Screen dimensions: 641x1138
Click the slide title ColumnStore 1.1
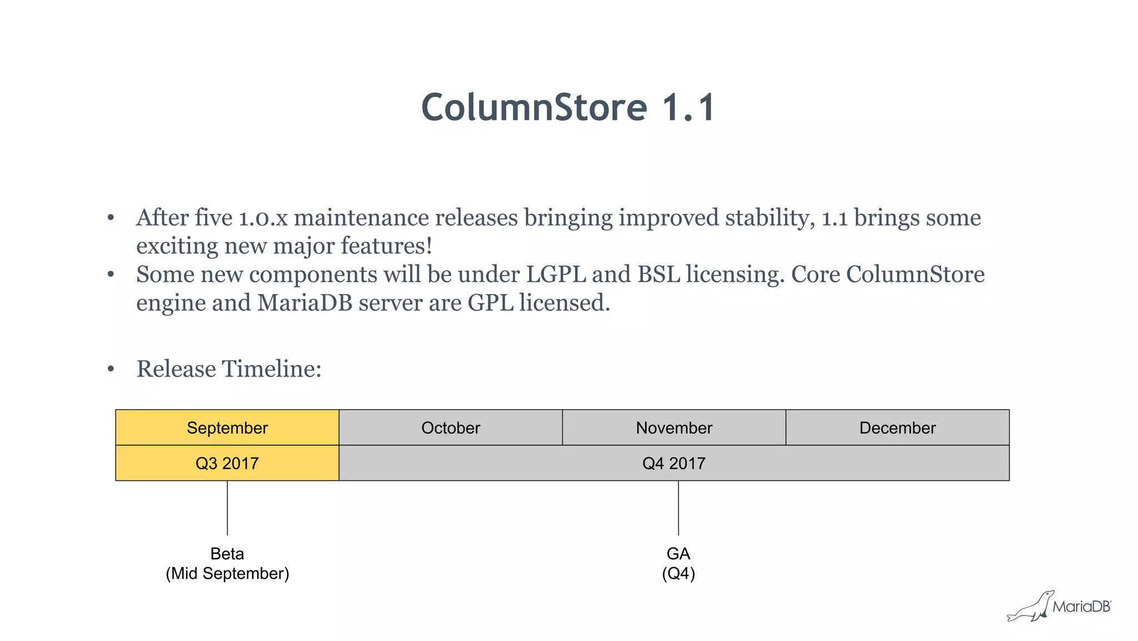(568, 107)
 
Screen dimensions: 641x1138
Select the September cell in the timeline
(227, 428)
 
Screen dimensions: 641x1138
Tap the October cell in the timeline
(451, 428)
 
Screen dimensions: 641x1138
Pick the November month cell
(674, 428)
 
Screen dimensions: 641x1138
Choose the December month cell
(897, 428)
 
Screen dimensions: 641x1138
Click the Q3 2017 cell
(227, 463)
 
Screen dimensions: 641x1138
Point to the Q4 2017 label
(673, 463)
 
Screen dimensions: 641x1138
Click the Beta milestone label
(227, 554)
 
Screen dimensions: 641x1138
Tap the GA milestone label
(678, 554)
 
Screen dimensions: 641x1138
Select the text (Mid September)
(227, 574)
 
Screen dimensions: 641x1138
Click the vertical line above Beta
(227, 508)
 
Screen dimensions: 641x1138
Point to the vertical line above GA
(678, 508)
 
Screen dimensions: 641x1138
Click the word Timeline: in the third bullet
(272, 369)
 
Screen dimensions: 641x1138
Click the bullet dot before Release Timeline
(111, 369)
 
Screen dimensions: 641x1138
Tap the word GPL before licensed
(490, 303)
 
